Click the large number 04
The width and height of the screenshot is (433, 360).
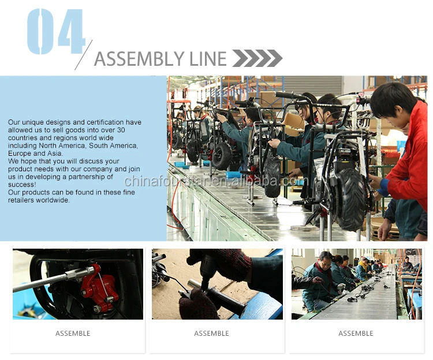(x=56, y=32)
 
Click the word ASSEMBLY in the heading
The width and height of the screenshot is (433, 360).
(x=140, y=59)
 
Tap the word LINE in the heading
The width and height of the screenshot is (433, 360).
(x=208, y=59)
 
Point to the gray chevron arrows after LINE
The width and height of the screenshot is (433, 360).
(x=257, y=58)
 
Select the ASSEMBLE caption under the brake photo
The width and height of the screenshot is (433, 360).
(x=73, y=333)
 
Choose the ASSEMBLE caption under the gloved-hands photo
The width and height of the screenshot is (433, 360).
(x=211, y=333)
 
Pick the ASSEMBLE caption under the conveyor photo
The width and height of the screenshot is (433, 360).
(x=356, y=333)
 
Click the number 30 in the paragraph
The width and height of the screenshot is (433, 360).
(x=121, y=130)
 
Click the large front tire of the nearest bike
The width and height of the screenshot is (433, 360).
(x=351, y=200)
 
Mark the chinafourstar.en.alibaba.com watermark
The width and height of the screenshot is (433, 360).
(x=216, y=181)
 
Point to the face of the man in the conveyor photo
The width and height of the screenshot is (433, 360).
(x=325, y=261)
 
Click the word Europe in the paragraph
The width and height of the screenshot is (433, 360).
(x=19, y=153)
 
